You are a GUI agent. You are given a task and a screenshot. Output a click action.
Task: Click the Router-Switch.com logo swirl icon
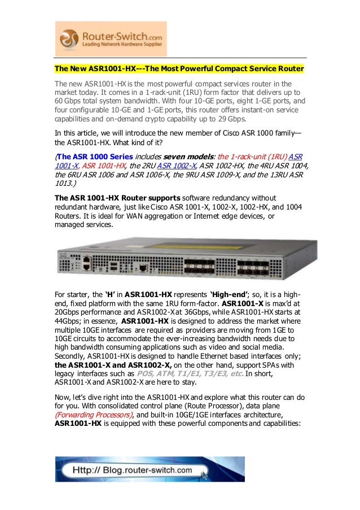(x=68, y=39)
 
